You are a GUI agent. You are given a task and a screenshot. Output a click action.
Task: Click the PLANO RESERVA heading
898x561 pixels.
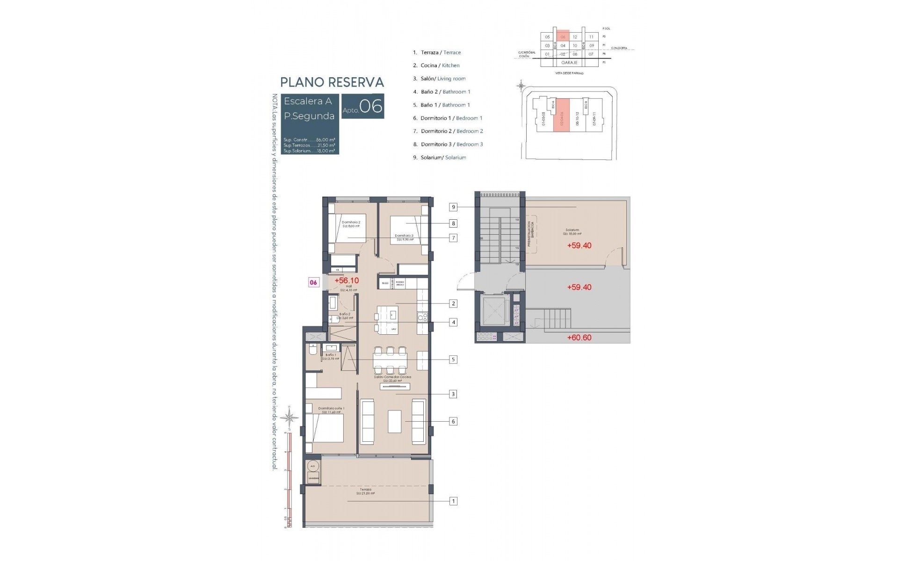point(332,82)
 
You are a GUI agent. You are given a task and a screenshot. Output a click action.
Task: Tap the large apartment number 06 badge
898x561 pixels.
point(363,106)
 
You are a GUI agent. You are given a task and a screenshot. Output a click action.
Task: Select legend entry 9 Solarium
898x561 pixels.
point(439,158)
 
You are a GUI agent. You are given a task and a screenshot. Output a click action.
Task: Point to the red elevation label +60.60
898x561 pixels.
point(579,338)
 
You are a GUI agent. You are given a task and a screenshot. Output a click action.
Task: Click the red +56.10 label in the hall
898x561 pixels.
point(347,280)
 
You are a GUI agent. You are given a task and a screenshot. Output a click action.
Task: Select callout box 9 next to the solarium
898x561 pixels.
point(453,207)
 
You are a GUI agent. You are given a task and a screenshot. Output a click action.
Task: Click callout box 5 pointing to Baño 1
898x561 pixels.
point(453,360)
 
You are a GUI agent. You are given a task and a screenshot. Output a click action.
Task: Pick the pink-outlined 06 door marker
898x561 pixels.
point(313,282)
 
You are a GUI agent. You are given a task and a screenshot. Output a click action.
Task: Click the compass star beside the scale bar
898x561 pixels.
point(290,417)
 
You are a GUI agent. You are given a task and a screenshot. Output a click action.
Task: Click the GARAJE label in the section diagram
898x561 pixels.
point(569,63)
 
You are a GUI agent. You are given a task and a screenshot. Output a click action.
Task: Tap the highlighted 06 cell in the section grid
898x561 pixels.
point(563,37)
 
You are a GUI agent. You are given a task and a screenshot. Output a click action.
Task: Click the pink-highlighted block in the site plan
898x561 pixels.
point(561,115)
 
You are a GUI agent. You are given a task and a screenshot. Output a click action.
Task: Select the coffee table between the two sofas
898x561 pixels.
point(394,421)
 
